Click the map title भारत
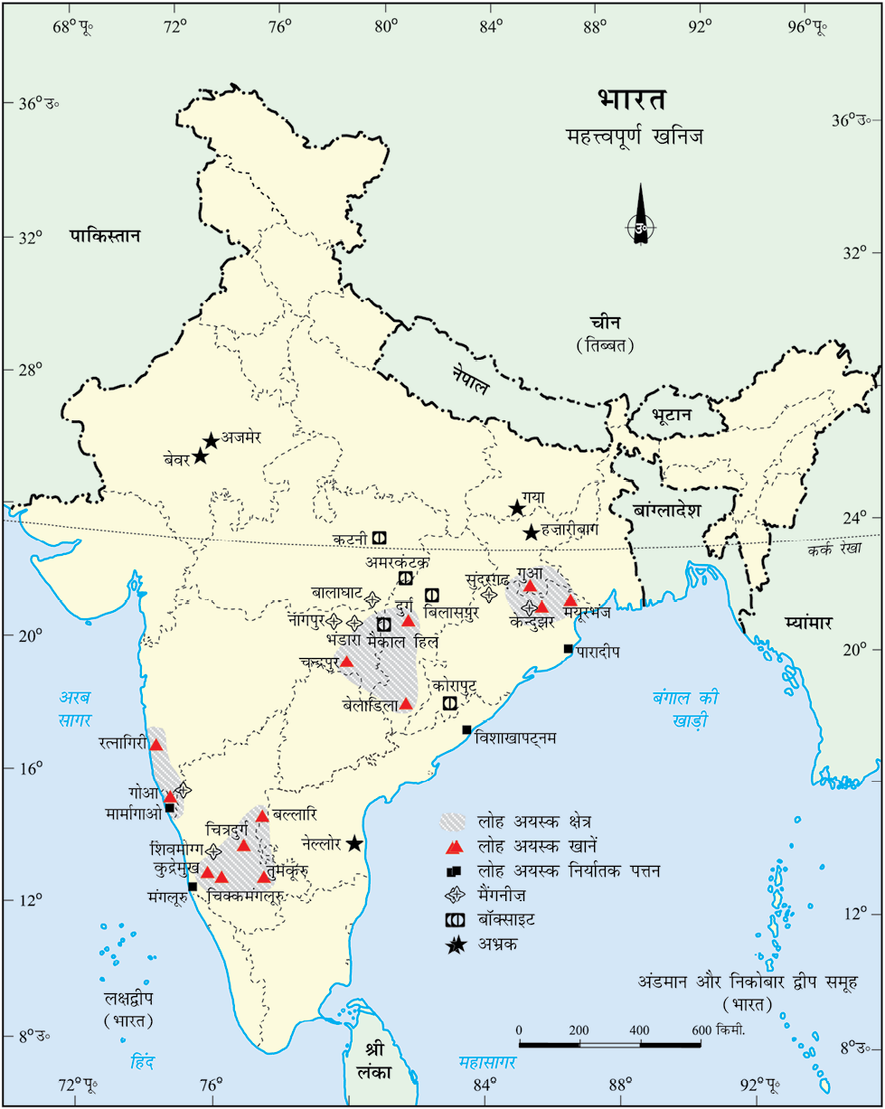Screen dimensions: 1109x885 tap(632, 99)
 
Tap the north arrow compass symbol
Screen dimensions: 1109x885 tap(641, 227)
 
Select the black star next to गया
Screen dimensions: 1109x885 tap(517, 509)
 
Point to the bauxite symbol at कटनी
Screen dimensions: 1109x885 tap(380, 538)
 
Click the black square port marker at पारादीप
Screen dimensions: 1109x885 tap(569, 649)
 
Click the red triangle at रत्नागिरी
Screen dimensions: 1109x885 tap(156, 745)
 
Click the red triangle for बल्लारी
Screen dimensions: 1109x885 tap(262, 816)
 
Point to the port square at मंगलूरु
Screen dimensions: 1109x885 tap(193, 887)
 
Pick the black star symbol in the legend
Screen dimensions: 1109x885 tap(456, 945)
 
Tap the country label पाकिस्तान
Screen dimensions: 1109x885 tap(106, 237)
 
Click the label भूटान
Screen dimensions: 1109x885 tap(671, 415)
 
